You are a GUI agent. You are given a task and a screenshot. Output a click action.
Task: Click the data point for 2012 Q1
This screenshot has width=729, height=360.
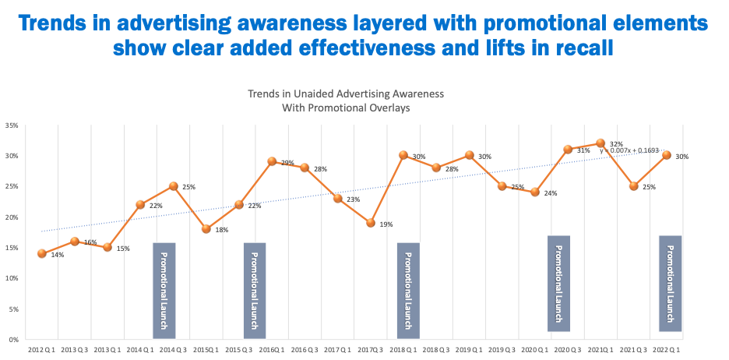[41, 253]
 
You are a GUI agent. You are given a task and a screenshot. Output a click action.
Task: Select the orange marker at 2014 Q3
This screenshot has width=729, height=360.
[174, 186]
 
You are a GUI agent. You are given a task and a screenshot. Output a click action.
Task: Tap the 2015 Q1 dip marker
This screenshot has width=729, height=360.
[206, 228]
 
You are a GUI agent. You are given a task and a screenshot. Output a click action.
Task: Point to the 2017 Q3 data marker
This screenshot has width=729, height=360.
[372, 223]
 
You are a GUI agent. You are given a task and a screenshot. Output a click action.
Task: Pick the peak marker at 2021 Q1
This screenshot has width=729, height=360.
[600, 143]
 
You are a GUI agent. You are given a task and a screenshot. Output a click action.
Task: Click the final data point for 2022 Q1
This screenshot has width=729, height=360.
[667, 155]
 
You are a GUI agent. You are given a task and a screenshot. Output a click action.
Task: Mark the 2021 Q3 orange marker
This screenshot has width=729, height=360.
[634, 186]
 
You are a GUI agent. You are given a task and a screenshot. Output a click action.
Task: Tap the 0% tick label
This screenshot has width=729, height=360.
[14, 340]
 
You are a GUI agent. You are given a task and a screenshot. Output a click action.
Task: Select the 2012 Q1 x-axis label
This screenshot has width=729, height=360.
[41, 351]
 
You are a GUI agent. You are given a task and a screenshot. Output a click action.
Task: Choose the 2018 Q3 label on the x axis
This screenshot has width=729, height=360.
[437, 351]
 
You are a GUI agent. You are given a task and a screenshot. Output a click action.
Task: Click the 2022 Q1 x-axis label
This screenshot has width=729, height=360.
[667, 351]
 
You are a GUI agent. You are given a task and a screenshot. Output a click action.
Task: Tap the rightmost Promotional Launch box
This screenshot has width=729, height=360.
[671, 283]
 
